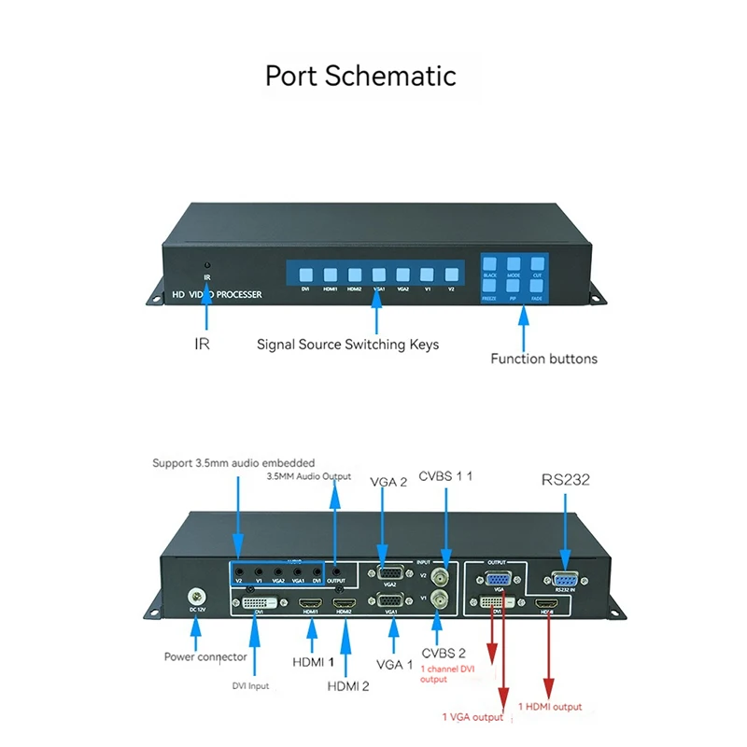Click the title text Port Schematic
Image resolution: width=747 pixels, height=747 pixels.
click(x=360, y=75)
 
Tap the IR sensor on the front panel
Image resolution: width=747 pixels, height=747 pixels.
click(x=207, y=266)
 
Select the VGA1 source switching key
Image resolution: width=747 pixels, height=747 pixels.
click(x=378, y=275)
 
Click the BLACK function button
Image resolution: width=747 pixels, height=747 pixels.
click(x=490, y=265)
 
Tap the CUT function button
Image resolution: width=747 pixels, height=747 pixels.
click(x=537, y=265)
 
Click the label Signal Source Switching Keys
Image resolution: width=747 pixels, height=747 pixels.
click(x=347, y=345)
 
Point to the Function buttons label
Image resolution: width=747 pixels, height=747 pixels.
click(x=543, y=358)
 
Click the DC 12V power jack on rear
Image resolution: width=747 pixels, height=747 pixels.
click(x=196, y=596)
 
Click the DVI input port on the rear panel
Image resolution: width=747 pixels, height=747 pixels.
click(x=259, y=605)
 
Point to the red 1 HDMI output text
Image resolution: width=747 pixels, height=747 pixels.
click(x=550, y=707)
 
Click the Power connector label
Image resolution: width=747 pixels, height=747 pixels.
click(x=205, y=656)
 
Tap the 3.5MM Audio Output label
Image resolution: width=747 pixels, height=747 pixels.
click(x=308, y=476)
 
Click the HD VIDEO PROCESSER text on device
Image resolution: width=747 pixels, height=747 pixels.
click(x=216, y=295)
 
